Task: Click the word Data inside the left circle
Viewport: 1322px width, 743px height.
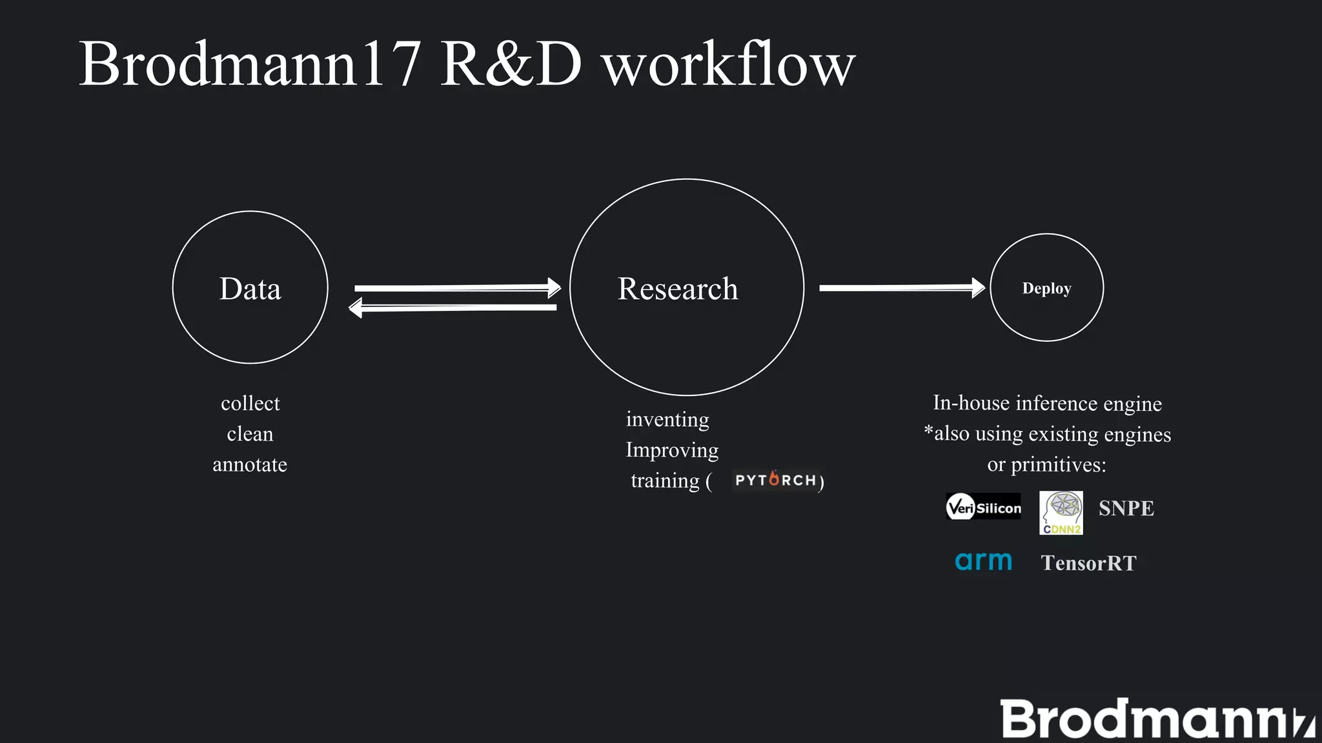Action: [250, 288]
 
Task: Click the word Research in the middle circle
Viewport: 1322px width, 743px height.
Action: [678, 288]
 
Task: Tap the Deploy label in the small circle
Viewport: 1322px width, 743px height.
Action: [1046, 288]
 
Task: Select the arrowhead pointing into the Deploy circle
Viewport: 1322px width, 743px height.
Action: [977, 288]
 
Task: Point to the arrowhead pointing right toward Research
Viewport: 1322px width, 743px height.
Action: [553, 288]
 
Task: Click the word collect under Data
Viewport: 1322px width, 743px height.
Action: [250, 403]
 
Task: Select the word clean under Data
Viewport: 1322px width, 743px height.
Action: [250, 434]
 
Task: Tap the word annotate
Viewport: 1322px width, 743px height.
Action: [250, 464]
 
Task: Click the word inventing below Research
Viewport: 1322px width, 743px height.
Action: [667, 419]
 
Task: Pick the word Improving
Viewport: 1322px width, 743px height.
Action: [672, 450]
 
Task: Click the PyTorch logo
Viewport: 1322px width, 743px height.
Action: [775, 480]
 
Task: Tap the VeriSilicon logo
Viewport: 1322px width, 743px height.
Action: [983, 508]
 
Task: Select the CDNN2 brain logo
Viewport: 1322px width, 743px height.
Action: [1061, 513]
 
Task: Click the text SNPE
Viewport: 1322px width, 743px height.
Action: [1126, 508]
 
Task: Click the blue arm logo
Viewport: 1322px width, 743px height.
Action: [983, 561]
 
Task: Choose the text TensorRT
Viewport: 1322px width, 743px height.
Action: [1088, 563]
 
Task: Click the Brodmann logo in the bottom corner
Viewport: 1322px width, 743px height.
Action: [1155, 719]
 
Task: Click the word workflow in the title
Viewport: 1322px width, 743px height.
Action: [728, 64]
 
